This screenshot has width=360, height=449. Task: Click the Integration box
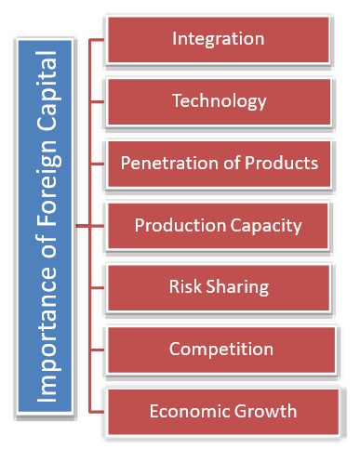(219, 39)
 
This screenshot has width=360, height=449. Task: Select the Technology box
(219, 101)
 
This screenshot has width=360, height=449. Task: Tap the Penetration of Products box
(219, 163)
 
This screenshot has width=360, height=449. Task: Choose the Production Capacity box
(219, 225)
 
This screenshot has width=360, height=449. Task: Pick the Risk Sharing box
(219, 286)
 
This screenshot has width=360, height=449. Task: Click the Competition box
(219, 350)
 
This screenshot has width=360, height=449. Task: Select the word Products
(279, 163)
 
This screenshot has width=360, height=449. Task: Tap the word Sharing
(236, 286)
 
